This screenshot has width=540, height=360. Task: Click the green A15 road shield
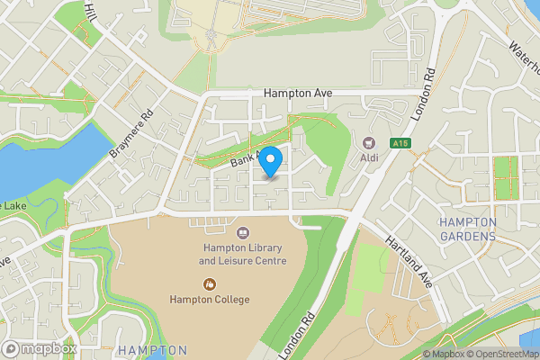pos(401,143)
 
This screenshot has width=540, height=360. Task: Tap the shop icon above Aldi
pos(368,142)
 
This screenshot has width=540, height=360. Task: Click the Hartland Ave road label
pos(409,262)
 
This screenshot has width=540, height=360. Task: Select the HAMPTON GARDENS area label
pos(467,229)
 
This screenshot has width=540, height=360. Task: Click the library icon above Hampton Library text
pos(242,232)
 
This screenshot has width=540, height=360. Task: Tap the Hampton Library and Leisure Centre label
pos(243,254)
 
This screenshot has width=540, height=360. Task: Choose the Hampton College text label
pos(209,299)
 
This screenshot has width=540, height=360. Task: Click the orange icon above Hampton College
pos(209,283)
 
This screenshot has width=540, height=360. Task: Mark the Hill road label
pos(91,12)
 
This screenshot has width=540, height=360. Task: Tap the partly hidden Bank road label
pos(244,159)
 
